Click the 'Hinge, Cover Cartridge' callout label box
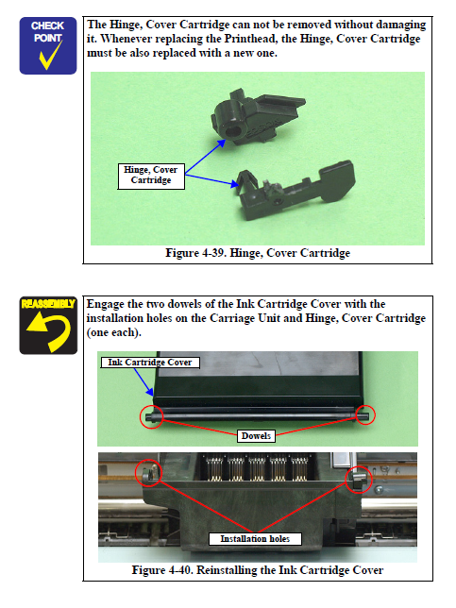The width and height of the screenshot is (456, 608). pyautogui.click(x=151, y=176)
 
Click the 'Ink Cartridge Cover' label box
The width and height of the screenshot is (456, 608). pyautogui.click(x=150, y=363)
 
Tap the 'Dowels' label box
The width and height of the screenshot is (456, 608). pyautogui.click(x=256, y=436)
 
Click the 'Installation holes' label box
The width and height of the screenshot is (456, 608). pyautogui.click(x=255, y=538)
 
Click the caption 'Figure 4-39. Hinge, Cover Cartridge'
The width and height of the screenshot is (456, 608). pyautogui.click(x=258, y=253)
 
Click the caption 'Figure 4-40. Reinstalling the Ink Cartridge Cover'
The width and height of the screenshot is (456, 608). pyautogui.click(x=258, y=570)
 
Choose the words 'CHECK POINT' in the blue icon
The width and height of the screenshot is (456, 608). pyautogui.click(x=47, y=32)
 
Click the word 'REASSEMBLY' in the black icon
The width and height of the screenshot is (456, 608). pyautogui.click(x=48, y=304)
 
